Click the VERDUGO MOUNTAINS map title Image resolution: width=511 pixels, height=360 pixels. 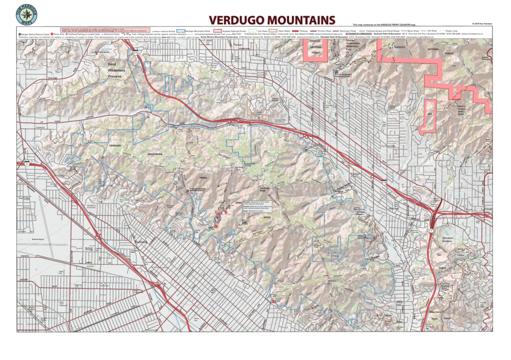[x=272, y=20]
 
